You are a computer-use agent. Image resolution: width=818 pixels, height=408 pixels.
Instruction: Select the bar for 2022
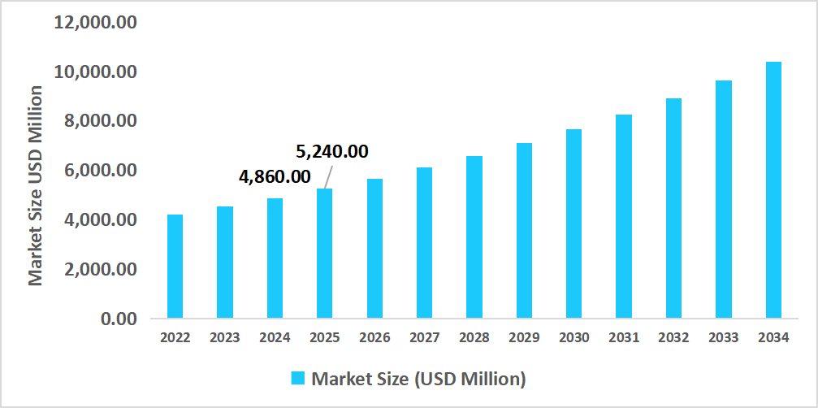click(175, 266)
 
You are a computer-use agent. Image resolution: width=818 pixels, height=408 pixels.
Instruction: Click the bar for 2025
click(324, 253)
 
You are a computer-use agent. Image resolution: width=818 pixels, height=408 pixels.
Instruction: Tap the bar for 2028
click(474, 237)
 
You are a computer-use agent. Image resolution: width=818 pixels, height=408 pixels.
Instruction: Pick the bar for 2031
click(624, 215)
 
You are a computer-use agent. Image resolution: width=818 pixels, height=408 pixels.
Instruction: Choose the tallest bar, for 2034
click(773, 189)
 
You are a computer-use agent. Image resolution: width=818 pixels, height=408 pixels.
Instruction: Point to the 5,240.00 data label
click(331, 151)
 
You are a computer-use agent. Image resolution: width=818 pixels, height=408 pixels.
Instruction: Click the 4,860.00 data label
click(275, 176)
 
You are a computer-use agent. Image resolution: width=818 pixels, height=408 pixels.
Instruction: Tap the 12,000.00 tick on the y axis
click(95, 22)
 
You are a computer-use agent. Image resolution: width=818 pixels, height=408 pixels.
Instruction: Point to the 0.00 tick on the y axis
click(119, 319)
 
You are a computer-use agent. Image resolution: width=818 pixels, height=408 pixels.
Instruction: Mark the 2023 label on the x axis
click(225, 338)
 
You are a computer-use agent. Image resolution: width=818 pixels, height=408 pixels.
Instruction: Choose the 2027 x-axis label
click(424, 338)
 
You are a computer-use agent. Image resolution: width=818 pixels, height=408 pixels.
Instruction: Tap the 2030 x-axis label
click(574, 338)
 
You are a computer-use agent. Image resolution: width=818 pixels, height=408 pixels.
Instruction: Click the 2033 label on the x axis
click(724, 338)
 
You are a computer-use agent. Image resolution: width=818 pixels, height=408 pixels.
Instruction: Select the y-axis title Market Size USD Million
click(36, 185)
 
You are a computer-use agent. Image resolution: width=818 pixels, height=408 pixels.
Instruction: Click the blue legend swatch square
click(298, 379)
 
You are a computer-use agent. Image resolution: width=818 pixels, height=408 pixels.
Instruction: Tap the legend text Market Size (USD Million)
click(419, 379)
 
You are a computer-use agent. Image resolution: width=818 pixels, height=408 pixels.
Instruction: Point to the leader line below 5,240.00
click(329, 175)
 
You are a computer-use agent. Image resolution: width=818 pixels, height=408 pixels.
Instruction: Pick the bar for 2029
click(524, 230)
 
